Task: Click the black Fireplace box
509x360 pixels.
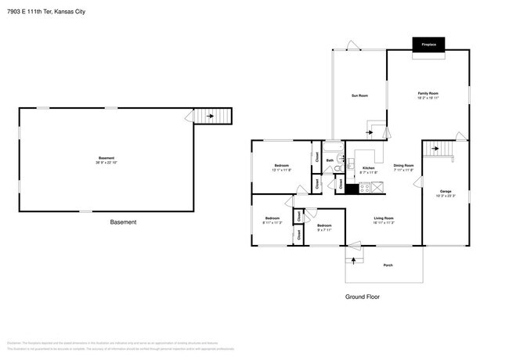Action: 428,45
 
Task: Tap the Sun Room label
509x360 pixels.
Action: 359,95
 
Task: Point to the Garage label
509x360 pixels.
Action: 446,191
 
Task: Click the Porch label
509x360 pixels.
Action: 388,266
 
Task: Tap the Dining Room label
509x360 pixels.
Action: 403,165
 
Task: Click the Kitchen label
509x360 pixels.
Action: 368,168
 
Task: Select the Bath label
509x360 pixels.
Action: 330,160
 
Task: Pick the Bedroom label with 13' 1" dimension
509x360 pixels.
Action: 281,165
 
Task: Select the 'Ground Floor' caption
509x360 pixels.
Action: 363,297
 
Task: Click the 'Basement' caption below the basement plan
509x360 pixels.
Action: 122,222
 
